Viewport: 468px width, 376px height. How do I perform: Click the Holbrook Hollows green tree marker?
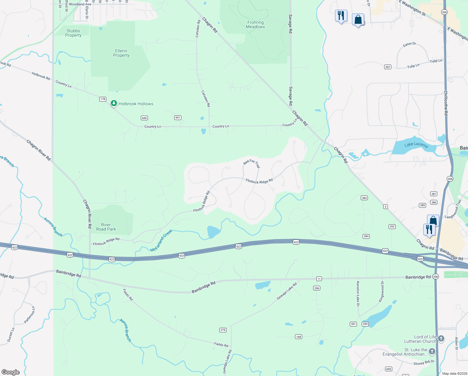tap(114, 103)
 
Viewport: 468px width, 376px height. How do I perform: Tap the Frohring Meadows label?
tap(255, 24)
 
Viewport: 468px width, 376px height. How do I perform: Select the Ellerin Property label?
tap(121, 53)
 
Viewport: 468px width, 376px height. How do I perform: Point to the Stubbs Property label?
tap(73, 33)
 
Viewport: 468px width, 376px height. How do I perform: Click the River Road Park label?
tap(106, 227)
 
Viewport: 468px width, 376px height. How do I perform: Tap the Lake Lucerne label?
tap(416, 144)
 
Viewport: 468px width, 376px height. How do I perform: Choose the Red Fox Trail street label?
tap(252, 163)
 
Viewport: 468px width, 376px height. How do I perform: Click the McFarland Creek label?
tap(161, 241)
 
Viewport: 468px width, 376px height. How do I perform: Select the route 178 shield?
tap(103, 99)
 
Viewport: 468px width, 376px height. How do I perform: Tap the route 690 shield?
tap(144, 118)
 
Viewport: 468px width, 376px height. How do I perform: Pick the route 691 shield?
tap(178, 118)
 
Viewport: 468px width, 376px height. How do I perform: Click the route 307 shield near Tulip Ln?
tap(388, 67)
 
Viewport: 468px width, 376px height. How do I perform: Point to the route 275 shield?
tap(223, 330)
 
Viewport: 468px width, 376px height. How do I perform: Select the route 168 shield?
tap(298, 337)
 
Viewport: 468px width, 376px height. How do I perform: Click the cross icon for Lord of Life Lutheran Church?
tap(441, 338)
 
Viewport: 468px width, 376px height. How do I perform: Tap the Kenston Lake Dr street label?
tap(358, 294)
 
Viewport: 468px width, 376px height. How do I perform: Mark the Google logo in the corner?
tap(10, 372)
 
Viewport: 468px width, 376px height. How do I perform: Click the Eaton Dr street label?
tap(409, 44)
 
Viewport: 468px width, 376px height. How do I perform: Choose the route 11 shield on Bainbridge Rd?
tap(319, 279)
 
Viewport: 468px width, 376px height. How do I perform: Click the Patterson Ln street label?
tap(30, 315)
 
